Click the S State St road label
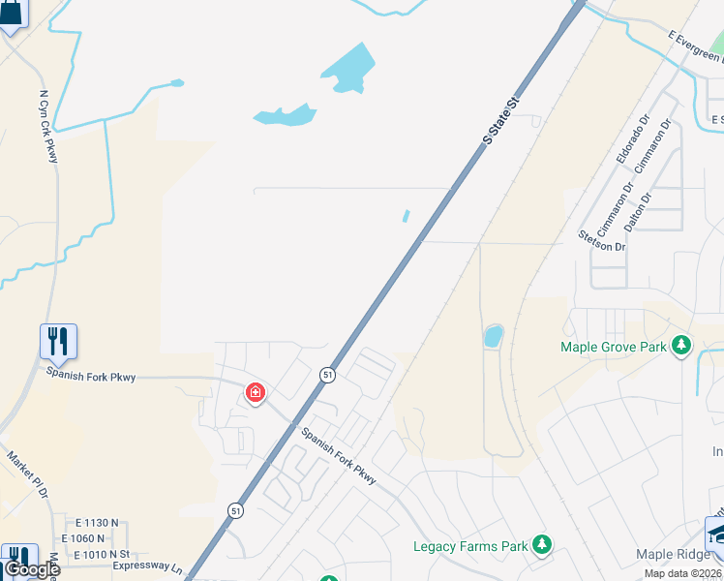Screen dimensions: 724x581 point(501,119)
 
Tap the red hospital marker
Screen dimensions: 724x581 point(255,392)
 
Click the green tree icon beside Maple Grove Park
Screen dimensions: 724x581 point(681,345)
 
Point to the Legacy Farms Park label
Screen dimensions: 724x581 point(470,546)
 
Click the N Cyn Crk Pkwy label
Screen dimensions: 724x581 point(48,127)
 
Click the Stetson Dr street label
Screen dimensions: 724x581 point(601,240)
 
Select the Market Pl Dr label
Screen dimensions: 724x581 point(27,474)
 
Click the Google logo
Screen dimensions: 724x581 point(32,568)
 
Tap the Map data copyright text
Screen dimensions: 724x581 point(683,573)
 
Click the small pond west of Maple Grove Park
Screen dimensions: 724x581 point(493,337)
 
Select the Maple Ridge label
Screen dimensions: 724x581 point(674,555)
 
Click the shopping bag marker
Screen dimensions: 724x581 point(12,14)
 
